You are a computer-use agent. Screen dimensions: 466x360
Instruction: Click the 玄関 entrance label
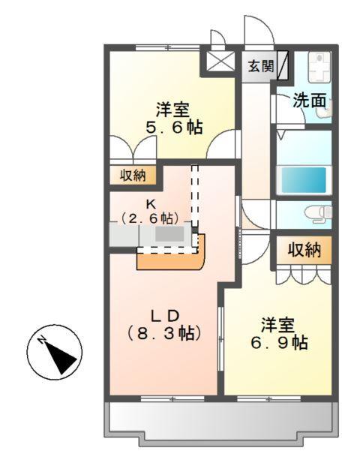(260, 65)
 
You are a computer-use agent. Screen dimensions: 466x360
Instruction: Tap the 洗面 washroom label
(309, 99)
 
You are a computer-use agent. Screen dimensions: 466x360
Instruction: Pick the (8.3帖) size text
(164, 332)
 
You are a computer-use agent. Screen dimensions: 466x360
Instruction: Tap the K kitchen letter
(150, 203)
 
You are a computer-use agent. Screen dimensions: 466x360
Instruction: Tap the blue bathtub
(304, 179)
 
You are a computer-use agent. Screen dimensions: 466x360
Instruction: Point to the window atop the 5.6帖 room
(169, 47)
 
